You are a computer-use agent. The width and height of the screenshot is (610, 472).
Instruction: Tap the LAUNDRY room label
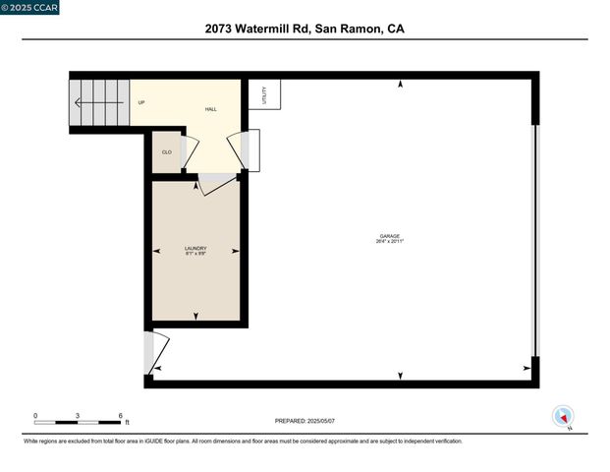point(195,249)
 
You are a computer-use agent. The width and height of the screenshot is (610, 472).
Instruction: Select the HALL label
point(210,109)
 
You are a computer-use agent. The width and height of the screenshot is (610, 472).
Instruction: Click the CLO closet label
point(167,151)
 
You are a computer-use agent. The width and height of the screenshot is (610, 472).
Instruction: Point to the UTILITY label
point(264,95)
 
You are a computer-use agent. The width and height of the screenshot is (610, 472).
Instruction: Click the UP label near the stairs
point(141,102)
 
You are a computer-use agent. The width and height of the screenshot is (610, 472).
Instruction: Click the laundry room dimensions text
point(195,255)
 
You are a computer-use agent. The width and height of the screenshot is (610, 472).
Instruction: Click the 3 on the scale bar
point(78,416)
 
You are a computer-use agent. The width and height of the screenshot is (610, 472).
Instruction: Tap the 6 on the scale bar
point(120,416)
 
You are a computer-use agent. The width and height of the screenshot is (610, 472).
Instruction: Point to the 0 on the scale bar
point(35,416)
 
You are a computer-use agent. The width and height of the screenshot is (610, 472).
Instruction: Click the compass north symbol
point(563,417)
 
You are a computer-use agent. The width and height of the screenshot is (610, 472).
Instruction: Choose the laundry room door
point(216,184)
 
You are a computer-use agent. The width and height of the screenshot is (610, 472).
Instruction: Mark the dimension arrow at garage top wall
point(401,86)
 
